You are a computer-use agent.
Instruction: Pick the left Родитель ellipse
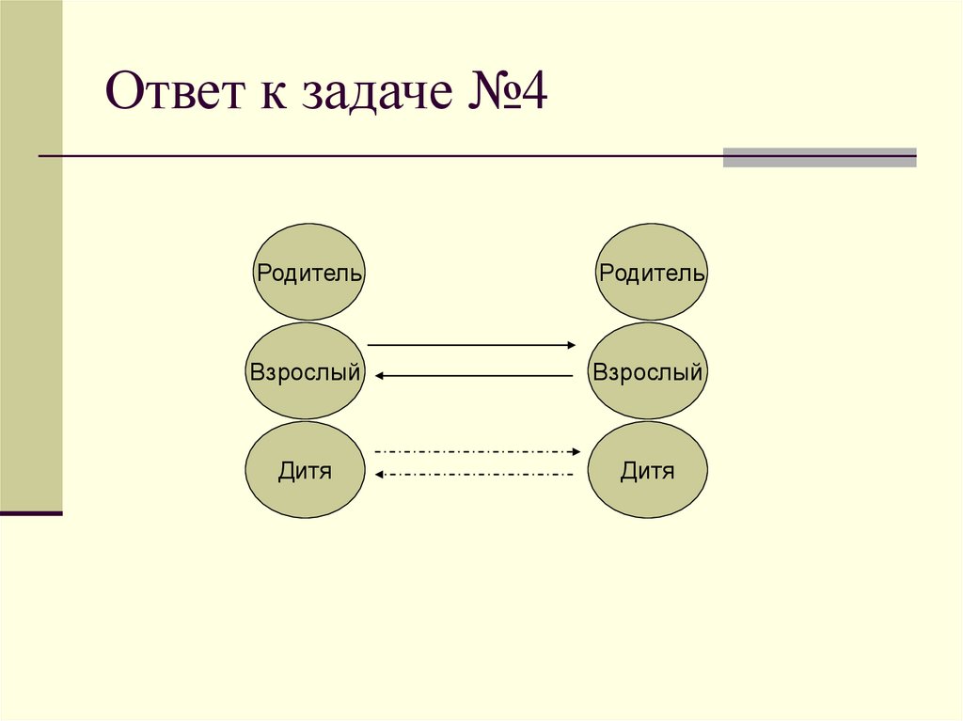309,273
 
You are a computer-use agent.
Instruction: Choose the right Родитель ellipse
652,273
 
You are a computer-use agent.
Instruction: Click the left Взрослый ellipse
306,371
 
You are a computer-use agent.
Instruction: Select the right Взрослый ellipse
648,371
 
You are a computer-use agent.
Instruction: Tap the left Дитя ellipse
306,470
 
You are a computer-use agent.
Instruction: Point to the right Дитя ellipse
648,470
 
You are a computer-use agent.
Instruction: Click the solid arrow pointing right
470,345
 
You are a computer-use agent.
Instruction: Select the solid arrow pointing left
475,376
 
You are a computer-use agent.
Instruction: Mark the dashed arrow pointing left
475,475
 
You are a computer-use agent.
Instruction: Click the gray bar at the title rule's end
819,157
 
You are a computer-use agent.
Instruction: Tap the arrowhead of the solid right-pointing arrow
571,345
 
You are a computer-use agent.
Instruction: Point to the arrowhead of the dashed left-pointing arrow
379,475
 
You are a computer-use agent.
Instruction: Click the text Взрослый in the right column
648,372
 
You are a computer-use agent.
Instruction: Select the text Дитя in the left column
306,471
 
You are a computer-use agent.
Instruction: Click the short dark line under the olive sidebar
31,513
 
